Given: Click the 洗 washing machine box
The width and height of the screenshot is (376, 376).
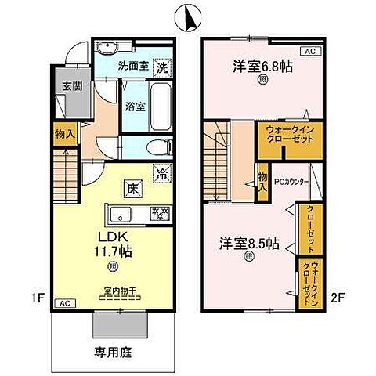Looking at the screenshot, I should (161, 67).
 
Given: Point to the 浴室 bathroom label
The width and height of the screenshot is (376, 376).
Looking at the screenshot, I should (132, 108).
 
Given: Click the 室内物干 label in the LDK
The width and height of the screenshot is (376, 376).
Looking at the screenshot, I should (121, 291).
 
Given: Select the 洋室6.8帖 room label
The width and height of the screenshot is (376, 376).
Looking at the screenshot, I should (262, 67).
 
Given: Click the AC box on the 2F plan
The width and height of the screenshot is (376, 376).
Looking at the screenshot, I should (309, 51).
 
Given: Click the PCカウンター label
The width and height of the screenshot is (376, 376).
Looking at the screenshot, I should (291, 182).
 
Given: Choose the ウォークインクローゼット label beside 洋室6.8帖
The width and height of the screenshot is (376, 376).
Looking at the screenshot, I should (278, 133).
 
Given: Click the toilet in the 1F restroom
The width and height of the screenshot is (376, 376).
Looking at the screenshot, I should (155, 146).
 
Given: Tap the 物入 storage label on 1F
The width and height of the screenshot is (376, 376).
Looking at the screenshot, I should (63, 135).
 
